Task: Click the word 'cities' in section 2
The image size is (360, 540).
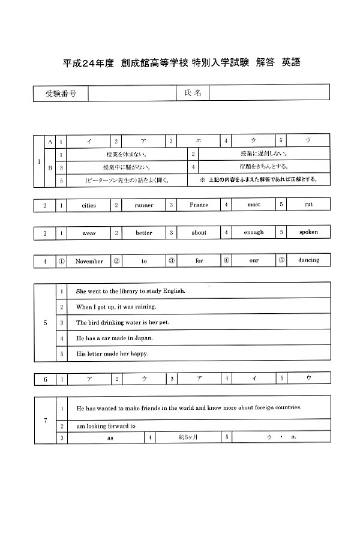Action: tap(89, 205)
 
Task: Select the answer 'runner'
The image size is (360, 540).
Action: tap(143, 205)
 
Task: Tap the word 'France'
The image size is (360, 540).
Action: tap(199, 205)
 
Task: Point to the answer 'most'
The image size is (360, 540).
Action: tap(254, 205)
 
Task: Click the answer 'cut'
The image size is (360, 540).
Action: tap(308, 205)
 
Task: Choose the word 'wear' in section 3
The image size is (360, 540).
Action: tap(89, 233)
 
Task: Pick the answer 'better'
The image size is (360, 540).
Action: tap(143, 233)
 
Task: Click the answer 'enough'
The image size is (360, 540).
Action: tap(254, 232)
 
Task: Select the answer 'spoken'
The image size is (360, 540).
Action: tap(308, 232)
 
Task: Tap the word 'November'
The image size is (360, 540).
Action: tap(89, 261)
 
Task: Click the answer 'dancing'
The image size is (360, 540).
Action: tap(308, 260)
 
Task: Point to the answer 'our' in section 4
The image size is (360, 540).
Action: tap(254, 260)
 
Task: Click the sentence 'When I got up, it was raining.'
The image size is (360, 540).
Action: tap(116, 307)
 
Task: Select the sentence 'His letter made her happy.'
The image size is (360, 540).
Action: tap(112, 353)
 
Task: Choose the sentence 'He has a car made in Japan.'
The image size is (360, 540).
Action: tap(115, 338)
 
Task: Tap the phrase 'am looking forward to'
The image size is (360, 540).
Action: tap(106, 426)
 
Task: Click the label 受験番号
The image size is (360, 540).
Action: tap(61, 94)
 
